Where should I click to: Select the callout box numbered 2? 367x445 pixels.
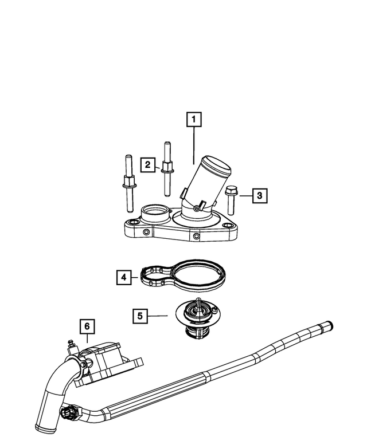[x=148, y=165]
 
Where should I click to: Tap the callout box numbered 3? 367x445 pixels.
[x=259, y=196]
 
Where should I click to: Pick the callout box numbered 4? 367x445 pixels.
[x=123, y=278]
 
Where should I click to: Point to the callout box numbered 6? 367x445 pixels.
[x=86, y=326]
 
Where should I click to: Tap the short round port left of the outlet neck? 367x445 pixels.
[x=153, y=213]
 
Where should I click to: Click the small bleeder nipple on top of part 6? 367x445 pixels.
[x=72, y=344]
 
